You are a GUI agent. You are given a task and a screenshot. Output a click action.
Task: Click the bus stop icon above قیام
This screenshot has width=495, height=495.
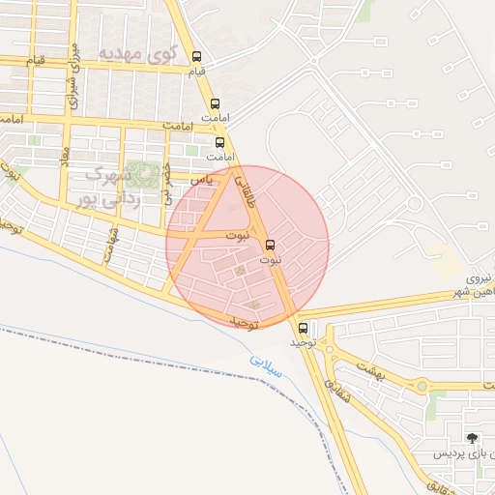tap(197, 56)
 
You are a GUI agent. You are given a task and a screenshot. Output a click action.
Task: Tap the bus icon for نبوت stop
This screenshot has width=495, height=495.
tap(269, 244)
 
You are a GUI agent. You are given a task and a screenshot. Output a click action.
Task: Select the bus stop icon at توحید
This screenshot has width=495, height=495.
tap(304, 328)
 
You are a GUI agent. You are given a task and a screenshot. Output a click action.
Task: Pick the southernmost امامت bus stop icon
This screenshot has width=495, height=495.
tap(219, 142)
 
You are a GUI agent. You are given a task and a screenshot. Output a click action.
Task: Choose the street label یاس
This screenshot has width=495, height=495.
tap(201, 180)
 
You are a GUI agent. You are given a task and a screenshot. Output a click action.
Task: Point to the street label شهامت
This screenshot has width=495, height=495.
tap(114, 237)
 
